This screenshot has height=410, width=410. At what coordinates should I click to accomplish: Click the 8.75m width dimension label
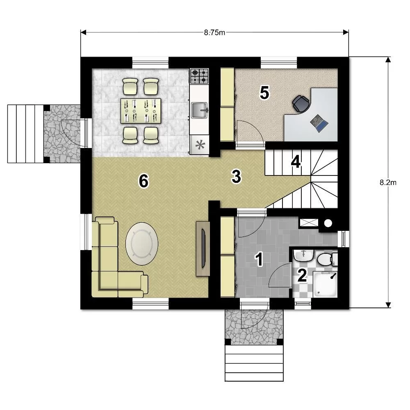click(214, 32)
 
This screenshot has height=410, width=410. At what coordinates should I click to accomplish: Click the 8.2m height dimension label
click(388, 182)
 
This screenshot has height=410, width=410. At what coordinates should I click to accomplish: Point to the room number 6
click(143, 181)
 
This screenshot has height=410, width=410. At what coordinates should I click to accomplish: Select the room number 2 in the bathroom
click(302, 276)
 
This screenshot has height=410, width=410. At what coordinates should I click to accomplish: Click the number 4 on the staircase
click(296, 162)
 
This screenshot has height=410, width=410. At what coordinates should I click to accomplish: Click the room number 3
click(236, 176)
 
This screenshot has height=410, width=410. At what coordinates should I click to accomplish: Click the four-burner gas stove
click(199, 76)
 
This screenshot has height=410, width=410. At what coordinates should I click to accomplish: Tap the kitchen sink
click(200, 110)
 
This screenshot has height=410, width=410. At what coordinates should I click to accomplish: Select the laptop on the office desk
click(319, 123)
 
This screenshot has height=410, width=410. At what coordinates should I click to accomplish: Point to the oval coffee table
click(142, 244)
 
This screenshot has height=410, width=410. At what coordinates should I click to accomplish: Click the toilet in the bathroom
click(327, 259)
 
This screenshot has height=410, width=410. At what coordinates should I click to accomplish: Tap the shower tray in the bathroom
click(325, 284)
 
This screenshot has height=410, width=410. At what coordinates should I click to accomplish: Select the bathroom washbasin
click(303, 255)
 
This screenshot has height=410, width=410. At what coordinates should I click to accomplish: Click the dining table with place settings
click(141, 111)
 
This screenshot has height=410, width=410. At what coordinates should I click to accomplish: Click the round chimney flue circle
click(328, 223)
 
